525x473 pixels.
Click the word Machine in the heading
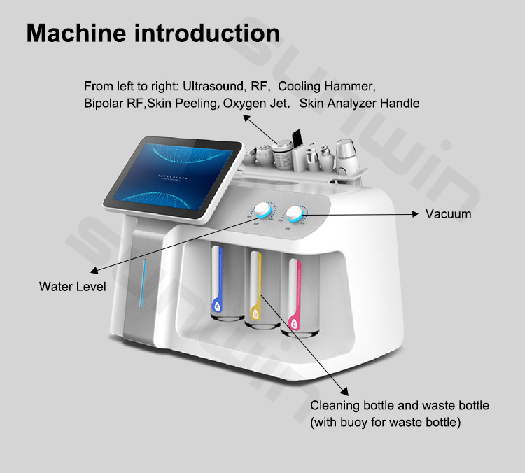(76, 33)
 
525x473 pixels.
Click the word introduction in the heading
(207, 33)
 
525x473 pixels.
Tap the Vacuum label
(448, 214)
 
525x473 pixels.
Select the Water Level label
(72, 287)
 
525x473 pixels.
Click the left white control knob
(262, 211)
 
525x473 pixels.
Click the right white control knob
(294, 213)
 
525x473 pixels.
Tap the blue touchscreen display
(173, 177)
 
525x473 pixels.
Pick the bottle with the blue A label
(227, 283)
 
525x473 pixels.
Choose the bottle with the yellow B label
(262, 290)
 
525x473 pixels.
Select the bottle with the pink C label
(300, 295)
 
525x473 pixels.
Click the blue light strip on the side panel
(143, 283)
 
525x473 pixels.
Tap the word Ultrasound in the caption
(213, 86)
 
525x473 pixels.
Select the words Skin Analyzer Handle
(359, 103)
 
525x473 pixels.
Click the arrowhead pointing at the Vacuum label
(415, 214)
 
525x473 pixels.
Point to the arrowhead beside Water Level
(94, 270)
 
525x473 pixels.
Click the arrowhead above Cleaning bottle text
(345, 391)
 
